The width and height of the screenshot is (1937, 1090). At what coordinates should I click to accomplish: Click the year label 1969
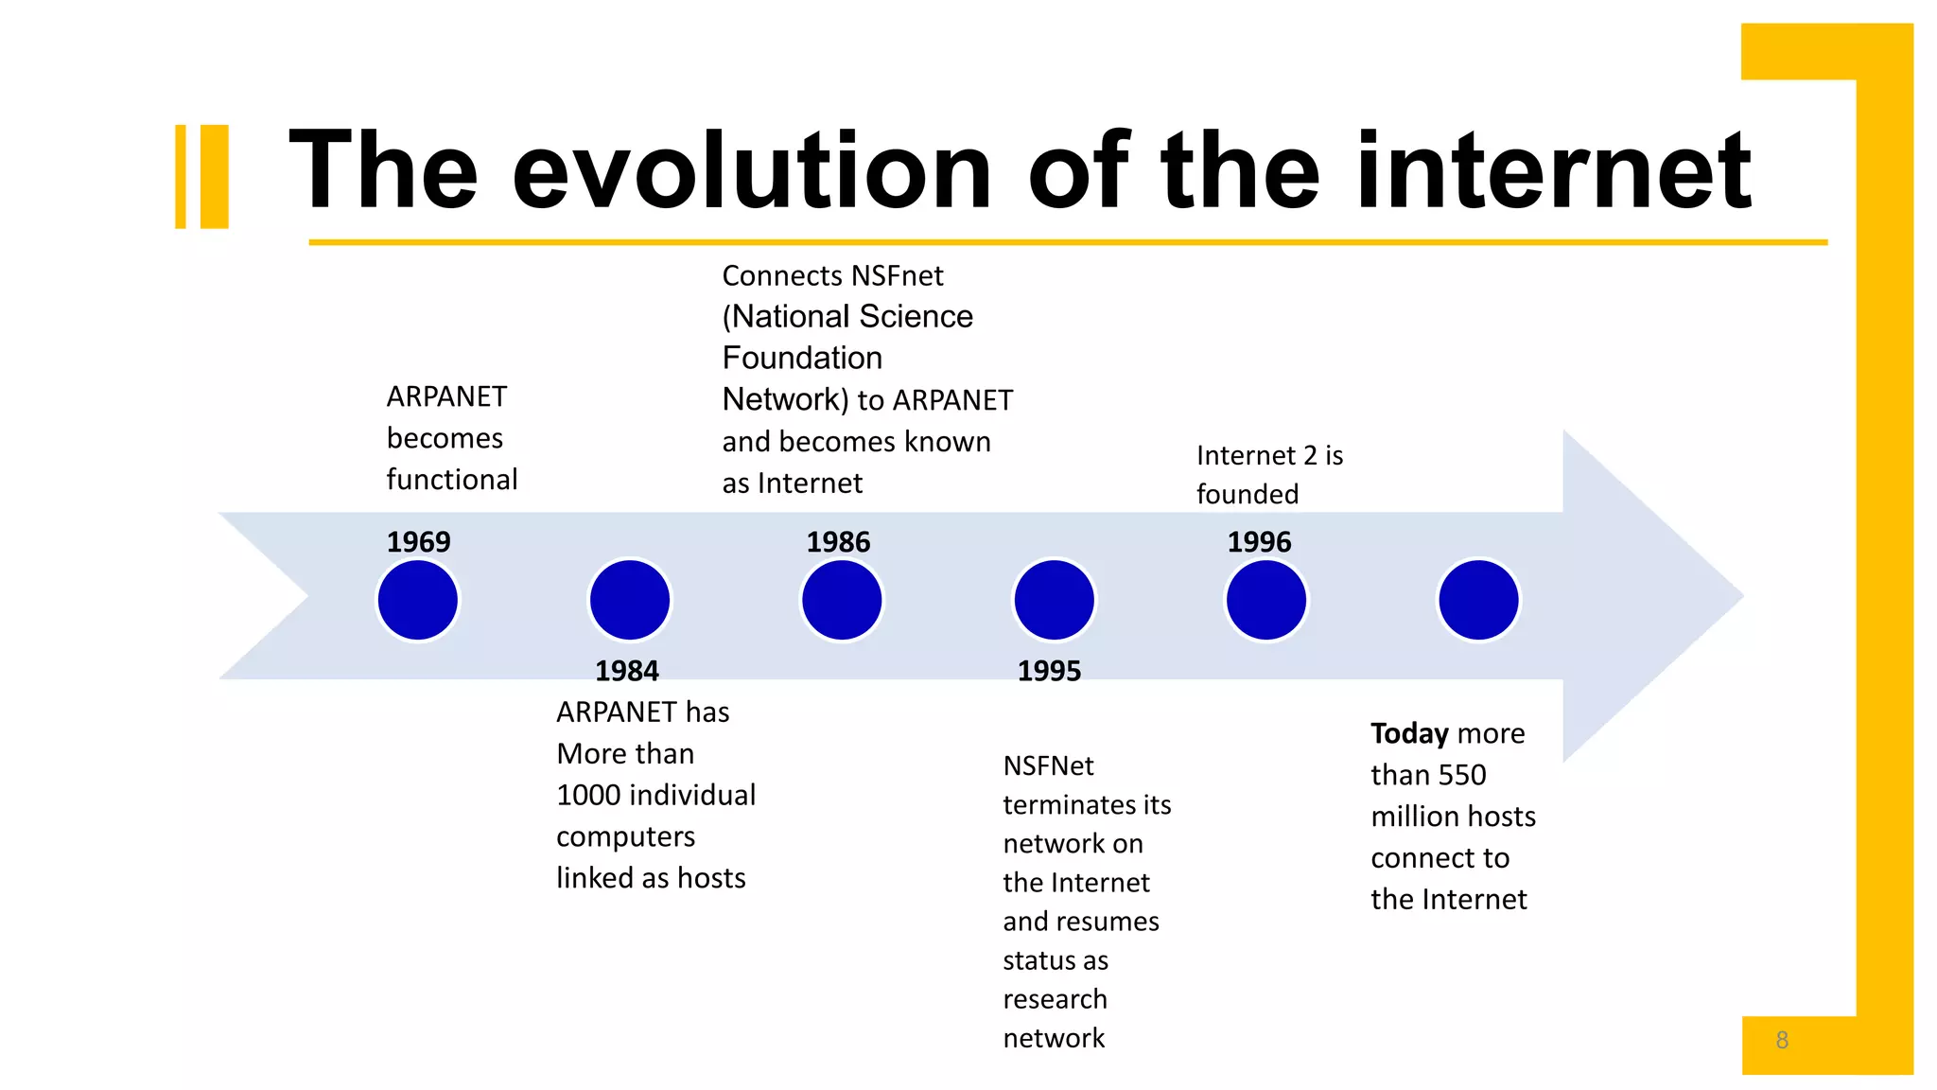418,542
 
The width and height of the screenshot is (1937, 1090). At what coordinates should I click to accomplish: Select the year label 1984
626,671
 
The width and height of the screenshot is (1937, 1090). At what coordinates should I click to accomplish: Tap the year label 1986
838,542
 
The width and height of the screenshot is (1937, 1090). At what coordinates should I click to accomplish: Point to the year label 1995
1049,671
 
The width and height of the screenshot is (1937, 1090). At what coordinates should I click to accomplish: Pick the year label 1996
1259,542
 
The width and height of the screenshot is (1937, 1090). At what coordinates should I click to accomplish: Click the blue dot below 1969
418,600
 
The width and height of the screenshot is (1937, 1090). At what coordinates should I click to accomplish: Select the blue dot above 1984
630,600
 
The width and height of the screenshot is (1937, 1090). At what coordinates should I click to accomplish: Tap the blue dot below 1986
842,600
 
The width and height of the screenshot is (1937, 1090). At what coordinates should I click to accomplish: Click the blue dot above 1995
1054,600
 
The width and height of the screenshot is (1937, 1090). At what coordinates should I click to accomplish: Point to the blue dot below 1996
1266,600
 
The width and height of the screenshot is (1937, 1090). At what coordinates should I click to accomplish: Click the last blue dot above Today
1478,600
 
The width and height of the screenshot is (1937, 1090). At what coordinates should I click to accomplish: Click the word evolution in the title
752,172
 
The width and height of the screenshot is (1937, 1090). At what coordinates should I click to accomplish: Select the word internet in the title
1553,172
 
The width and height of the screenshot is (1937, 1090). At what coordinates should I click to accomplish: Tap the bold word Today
1409,733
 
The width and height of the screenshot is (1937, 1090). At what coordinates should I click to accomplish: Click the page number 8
1782,1040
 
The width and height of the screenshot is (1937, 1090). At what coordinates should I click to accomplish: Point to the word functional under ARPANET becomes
451,480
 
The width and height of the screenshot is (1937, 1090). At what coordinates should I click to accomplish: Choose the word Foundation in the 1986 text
802,358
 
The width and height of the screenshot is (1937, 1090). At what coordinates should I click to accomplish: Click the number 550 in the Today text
1461,775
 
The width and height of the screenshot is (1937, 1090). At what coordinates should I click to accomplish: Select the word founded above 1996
1248,494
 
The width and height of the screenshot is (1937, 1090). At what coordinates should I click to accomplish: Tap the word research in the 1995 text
1055,999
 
